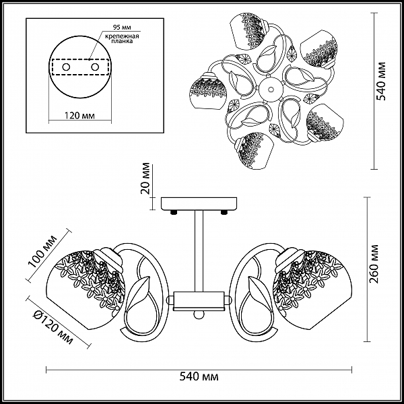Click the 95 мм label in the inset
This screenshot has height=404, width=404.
(122, 27)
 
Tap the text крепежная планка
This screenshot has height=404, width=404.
(122, 38)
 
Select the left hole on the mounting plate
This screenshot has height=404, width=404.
(66, 67)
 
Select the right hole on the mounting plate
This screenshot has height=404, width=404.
(95, 67)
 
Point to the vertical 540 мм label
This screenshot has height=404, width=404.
(380, 81)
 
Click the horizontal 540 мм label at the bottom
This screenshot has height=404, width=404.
(199, 376)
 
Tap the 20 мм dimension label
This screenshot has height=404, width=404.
(145, 178)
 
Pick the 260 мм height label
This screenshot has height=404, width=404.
(374, 263)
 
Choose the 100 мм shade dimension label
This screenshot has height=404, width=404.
(42, 251)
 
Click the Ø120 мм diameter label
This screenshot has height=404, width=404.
(53, 327)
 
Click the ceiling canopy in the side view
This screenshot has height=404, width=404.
(199, 204)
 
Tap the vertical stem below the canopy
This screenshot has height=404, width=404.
(199, 251)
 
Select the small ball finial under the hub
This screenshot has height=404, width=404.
(199, 315)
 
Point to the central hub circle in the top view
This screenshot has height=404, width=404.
(270, 89)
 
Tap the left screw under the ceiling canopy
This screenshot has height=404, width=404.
(174, 213)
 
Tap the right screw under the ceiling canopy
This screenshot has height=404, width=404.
(224, 213)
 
